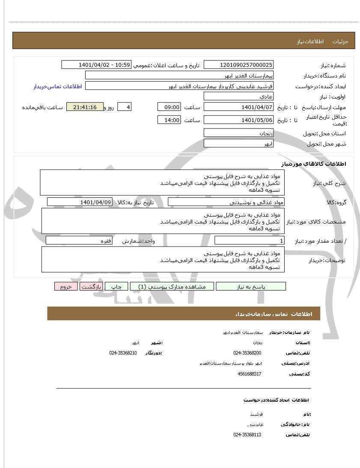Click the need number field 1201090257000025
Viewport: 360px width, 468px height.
(x=238, y=65)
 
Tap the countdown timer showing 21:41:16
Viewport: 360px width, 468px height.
(x=85, y=107)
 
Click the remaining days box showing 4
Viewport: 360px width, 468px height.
(x=124, y=107)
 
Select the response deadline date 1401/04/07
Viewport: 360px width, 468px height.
(x=238, y=107)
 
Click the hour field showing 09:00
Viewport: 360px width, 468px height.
(x=169, y=107)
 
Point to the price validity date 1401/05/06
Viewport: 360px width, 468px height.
(x=238, y=120)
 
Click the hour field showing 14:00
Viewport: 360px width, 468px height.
(x=169, y=120)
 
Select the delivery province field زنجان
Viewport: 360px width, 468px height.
(x=238, y=133)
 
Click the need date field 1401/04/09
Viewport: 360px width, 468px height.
(x=80, y=202)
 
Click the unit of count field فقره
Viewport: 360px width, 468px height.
(x=79, y=241)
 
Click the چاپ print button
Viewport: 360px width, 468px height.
(x=116, y=286)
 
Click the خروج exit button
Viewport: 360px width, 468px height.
(x=65, y=286)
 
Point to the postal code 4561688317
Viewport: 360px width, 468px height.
(x=249, y=374)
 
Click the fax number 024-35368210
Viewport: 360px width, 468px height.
(x=123, y=353)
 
